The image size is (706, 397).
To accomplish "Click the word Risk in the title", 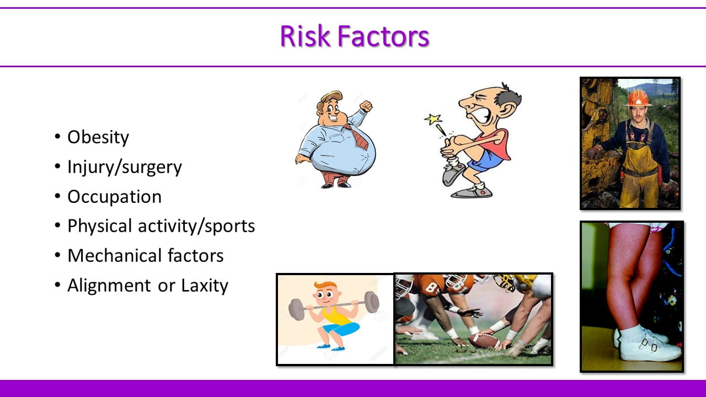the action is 305,36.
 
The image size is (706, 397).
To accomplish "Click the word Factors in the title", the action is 383,36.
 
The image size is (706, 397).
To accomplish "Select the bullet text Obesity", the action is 98,137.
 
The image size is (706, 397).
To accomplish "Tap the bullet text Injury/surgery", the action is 125,167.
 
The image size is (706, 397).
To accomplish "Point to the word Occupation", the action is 114,197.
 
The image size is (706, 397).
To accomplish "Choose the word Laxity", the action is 205,286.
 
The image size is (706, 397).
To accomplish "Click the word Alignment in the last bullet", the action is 109,286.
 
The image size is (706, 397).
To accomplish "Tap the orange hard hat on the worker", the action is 638,98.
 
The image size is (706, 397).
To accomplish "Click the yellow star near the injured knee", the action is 433,120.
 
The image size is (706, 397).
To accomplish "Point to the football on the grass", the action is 483,340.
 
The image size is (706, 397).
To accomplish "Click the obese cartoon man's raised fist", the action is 366,106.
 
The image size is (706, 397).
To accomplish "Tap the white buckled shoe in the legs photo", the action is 649,347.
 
